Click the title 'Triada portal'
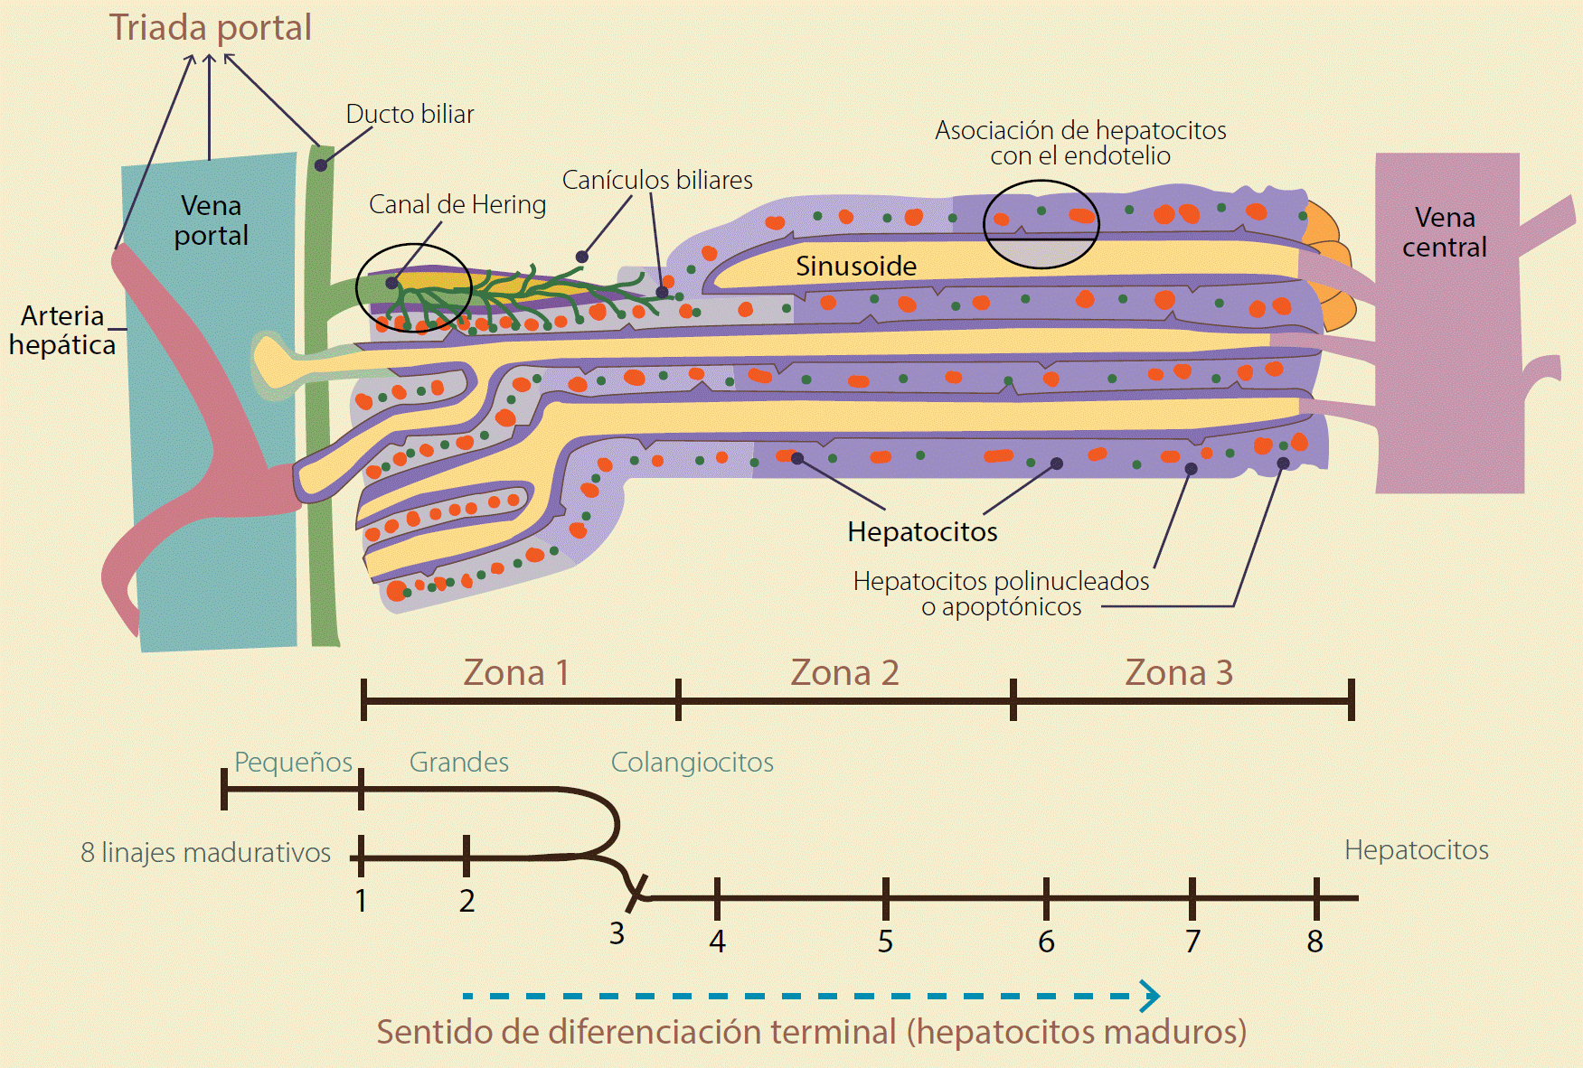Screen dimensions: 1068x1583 click(x=210, y=28)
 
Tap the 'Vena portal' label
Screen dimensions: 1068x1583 click(x=211, y=220)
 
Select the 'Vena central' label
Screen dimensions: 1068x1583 click(x=1444, y=232)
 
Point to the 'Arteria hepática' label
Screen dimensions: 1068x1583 click(x=62, y=331)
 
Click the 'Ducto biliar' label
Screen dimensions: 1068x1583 click(x=410, y=115)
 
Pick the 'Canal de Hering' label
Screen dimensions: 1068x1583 click(x=457, y=205)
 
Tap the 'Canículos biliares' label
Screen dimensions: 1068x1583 click(x=657, y=181)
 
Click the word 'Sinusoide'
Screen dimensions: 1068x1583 click(x=855, y=267)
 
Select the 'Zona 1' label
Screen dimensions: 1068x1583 click(x=516, y=673)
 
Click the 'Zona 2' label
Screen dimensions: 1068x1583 click(x=844, y=673)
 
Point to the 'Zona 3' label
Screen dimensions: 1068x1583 click(x=1179, y=673)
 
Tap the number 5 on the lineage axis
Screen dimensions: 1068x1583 click(x=885, y=942)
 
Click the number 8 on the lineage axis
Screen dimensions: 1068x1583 click(x=1314, y=942)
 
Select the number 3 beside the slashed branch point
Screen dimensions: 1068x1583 click(x=617, y=933)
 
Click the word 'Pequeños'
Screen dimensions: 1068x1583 click(x=293, y=763)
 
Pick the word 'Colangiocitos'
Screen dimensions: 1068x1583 click(x=692, y=763)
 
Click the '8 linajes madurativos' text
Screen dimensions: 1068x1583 click(x=205, y=853)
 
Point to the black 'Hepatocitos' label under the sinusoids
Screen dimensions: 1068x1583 click(x=922, y=532)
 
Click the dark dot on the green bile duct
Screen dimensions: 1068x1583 click(x=321, y=166)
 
